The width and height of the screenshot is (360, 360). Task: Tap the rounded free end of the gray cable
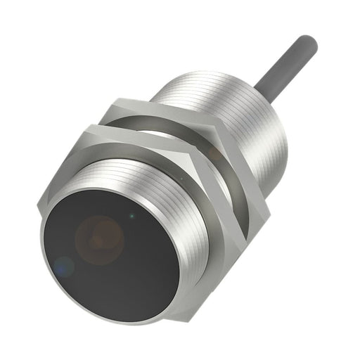(x=309, y=44)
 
